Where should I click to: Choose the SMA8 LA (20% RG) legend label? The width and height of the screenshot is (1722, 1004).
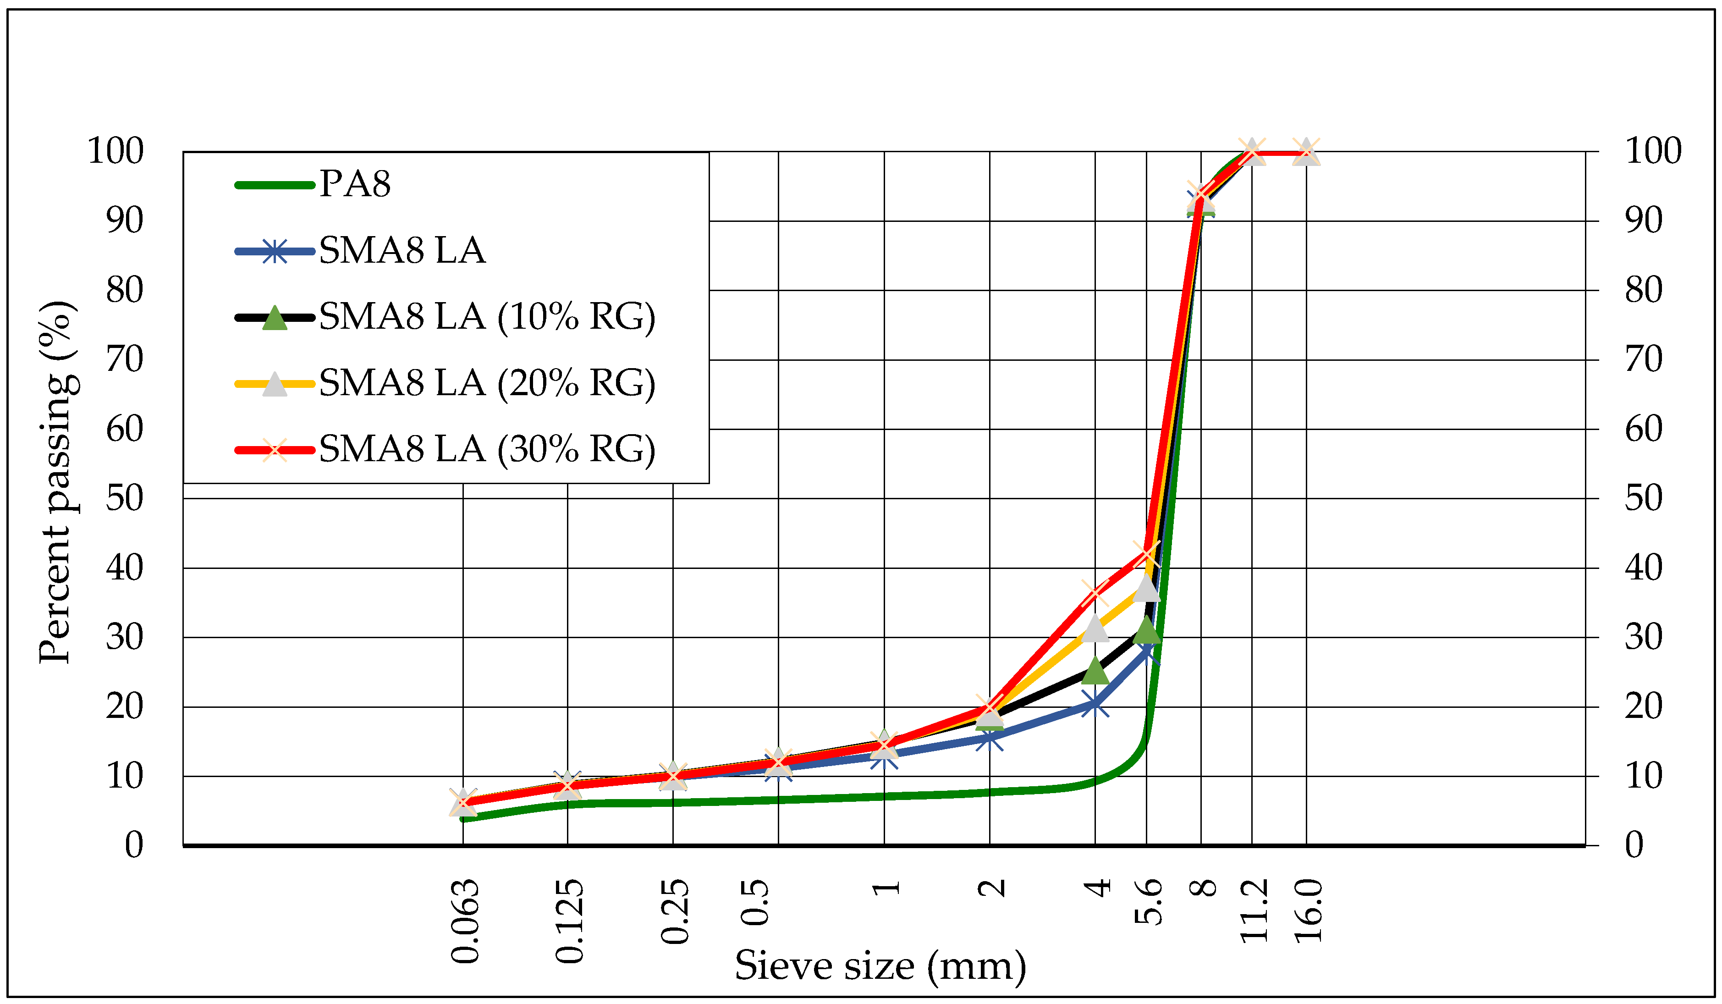tap(487, 383)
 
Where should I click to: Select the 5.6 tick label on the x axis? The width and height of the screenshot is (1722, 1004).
tap(1149, 902)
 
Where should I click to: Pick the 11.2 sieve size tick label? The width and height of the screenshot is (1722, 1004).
tap(1254, 911)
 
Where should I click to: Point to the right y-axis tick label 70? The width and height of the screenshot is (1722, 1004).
tap(1644, 359)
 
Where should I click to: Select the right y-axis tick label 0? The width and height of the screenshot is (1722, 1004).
tap(1634, 845)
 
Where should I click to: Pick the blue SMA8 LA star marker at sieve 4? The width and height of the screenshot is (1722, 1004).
tap(1095, 703)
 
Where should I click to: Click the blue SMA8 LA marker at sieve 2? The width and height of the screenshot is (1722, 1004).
tap(990, 738)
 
